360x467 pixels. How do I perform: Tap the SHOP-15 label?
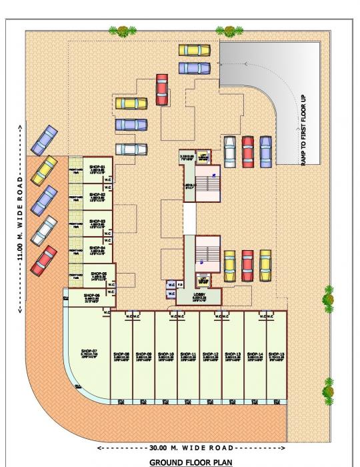pos(278,354)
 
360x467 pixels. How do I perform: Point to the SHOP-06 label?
pos(91,295)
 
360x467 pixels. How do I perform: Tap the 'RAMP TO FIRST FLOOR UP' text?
pos(303,130)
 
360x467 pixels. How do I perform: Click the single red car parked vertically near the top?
pos(161,89)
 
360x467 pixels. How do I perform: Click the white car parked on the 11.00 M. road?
pos(45,231)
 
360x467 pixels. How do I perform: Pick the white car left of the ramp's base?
pos(230,151)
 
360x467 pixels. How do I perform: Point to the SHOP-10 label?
pos(167,354)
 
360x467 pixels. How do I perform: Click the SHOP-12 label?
pos(211,354)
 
